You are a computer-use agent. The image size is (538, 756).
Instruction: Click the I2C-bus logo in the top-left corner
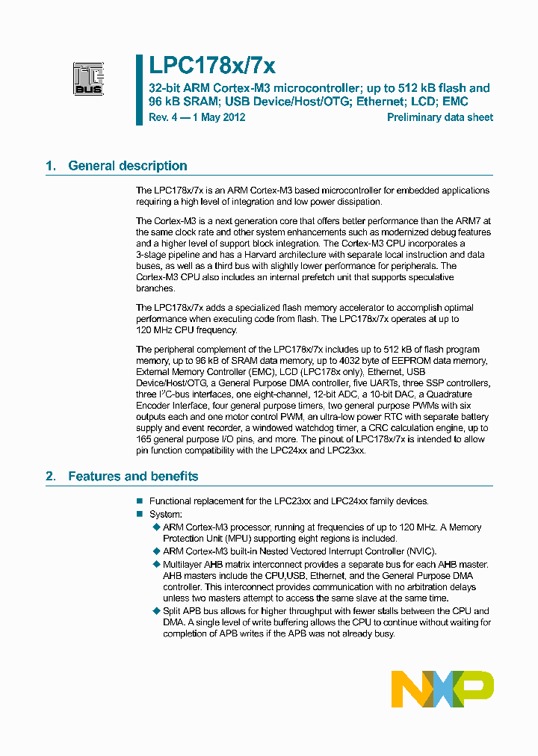coord(87,78)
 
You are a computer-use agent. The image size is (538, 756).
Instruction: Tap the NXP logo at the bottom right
coord(442,689)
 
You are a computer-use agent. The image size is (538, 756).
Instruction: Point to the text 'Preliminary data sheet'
coord(439,117)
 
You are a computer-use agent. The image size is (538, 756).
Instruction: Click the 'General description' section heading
coord(127,166)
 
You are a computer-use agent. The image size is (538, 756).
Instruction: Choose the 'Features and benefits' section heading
coord(133,476)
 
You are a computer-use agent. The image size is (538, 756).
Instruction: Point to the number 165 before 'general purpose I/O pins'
coord(144,439)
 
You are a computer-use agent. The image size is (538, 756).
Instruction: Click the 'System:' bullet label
coord(165,514)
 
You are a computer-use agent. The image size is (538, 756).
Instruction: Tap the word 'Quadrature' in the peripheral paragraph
coord(465,394)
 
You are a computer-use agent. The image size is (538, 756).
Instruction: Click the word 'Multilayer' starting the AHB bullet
coord(182,564)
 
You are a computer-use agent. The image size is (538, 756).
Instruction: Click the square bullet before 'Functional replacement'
coord(139,501)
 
